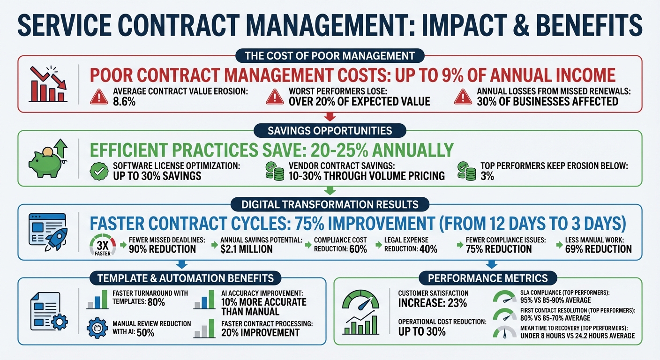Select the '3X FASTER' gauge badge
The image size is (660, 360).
[102, 244]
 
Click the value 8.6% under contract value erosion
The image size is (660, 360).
[124, 101]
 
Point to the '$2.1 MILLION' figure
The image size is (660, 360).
[246, 248]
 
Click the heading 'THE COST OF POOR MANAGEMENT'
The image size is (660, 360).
[330, 56]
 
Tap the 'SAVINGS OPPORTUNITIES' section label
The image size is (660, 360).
[330, 130]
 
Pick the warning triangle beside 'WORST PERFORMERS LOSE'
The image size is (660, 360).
[275, 97]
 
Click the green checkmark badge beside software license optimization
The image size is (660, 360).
[98, 171]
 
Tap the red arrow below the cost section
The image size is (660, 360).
[330, 117]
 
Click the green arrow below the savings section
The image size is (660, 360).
[330, 190]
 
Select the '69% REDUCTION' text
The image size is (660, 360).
[594, 248]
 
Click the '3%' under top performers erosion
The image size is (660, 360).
[487, 176]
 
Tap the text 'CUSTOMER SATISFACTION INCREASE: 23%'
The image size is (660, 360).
[433, 298]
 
